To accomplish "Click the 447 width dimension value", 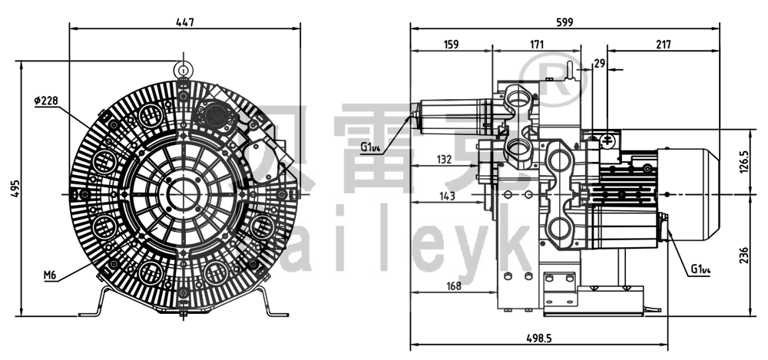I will [x=185, y=22].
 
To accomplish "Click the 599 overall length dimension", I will [x=564, y=22].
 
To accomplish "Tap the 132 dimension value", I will [x=442, y=159].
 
